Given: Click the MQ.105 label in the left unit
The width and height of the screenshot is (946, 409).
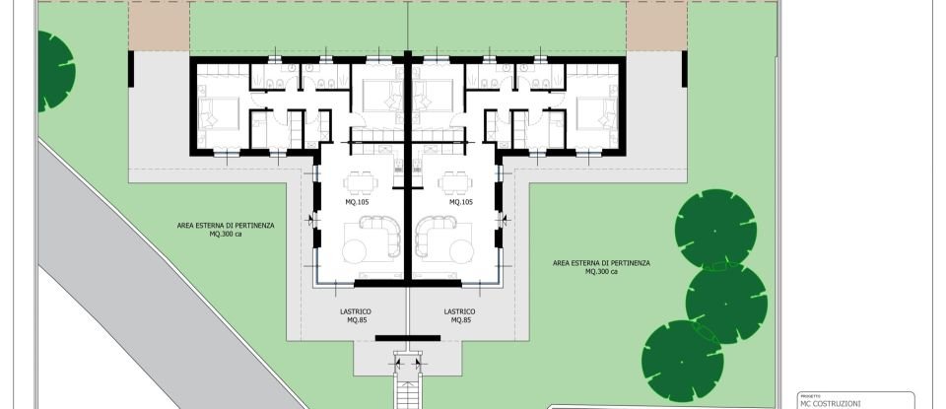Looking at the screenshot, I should (x=356, y=202).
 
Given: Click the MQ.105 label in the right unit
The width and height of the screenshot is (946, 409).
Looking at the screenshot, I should (x=461, y=202).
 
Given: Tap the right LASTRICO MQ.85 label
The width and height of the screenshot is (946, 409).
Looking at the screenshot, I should (x=460, y=315).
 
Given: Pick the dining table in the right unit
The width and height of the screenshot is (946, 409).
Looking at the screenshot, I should (x=454, y=181).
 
